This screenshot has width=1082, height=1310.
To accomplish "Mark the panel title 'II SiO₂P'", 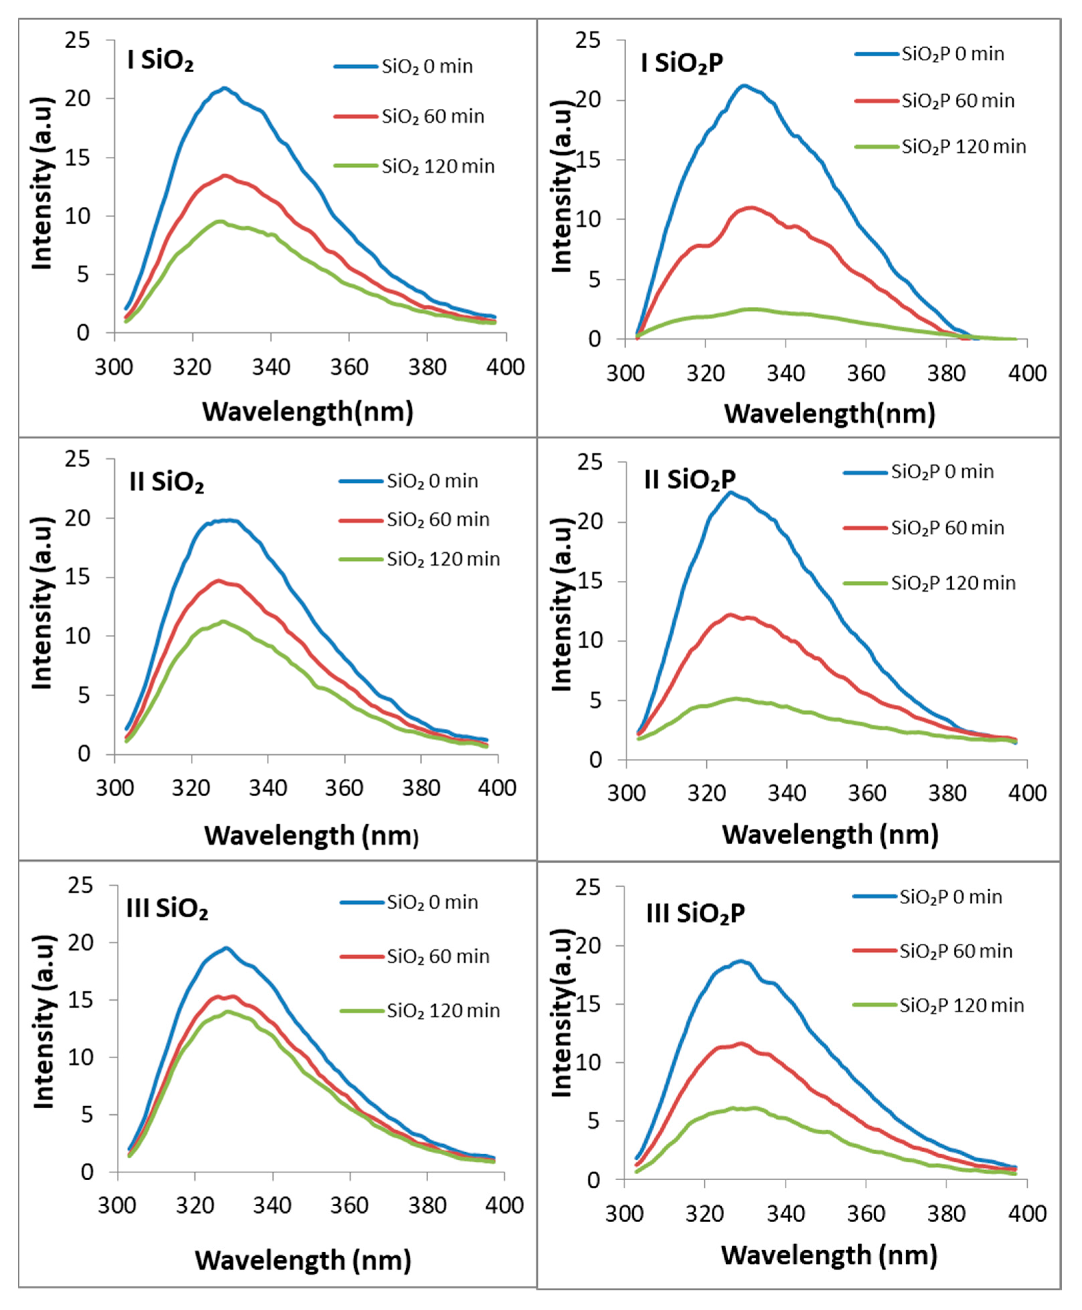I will [689, 479].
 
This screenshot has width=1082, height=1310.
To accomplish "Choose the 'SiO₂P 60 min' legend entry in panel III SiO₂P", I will [955, 951].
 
